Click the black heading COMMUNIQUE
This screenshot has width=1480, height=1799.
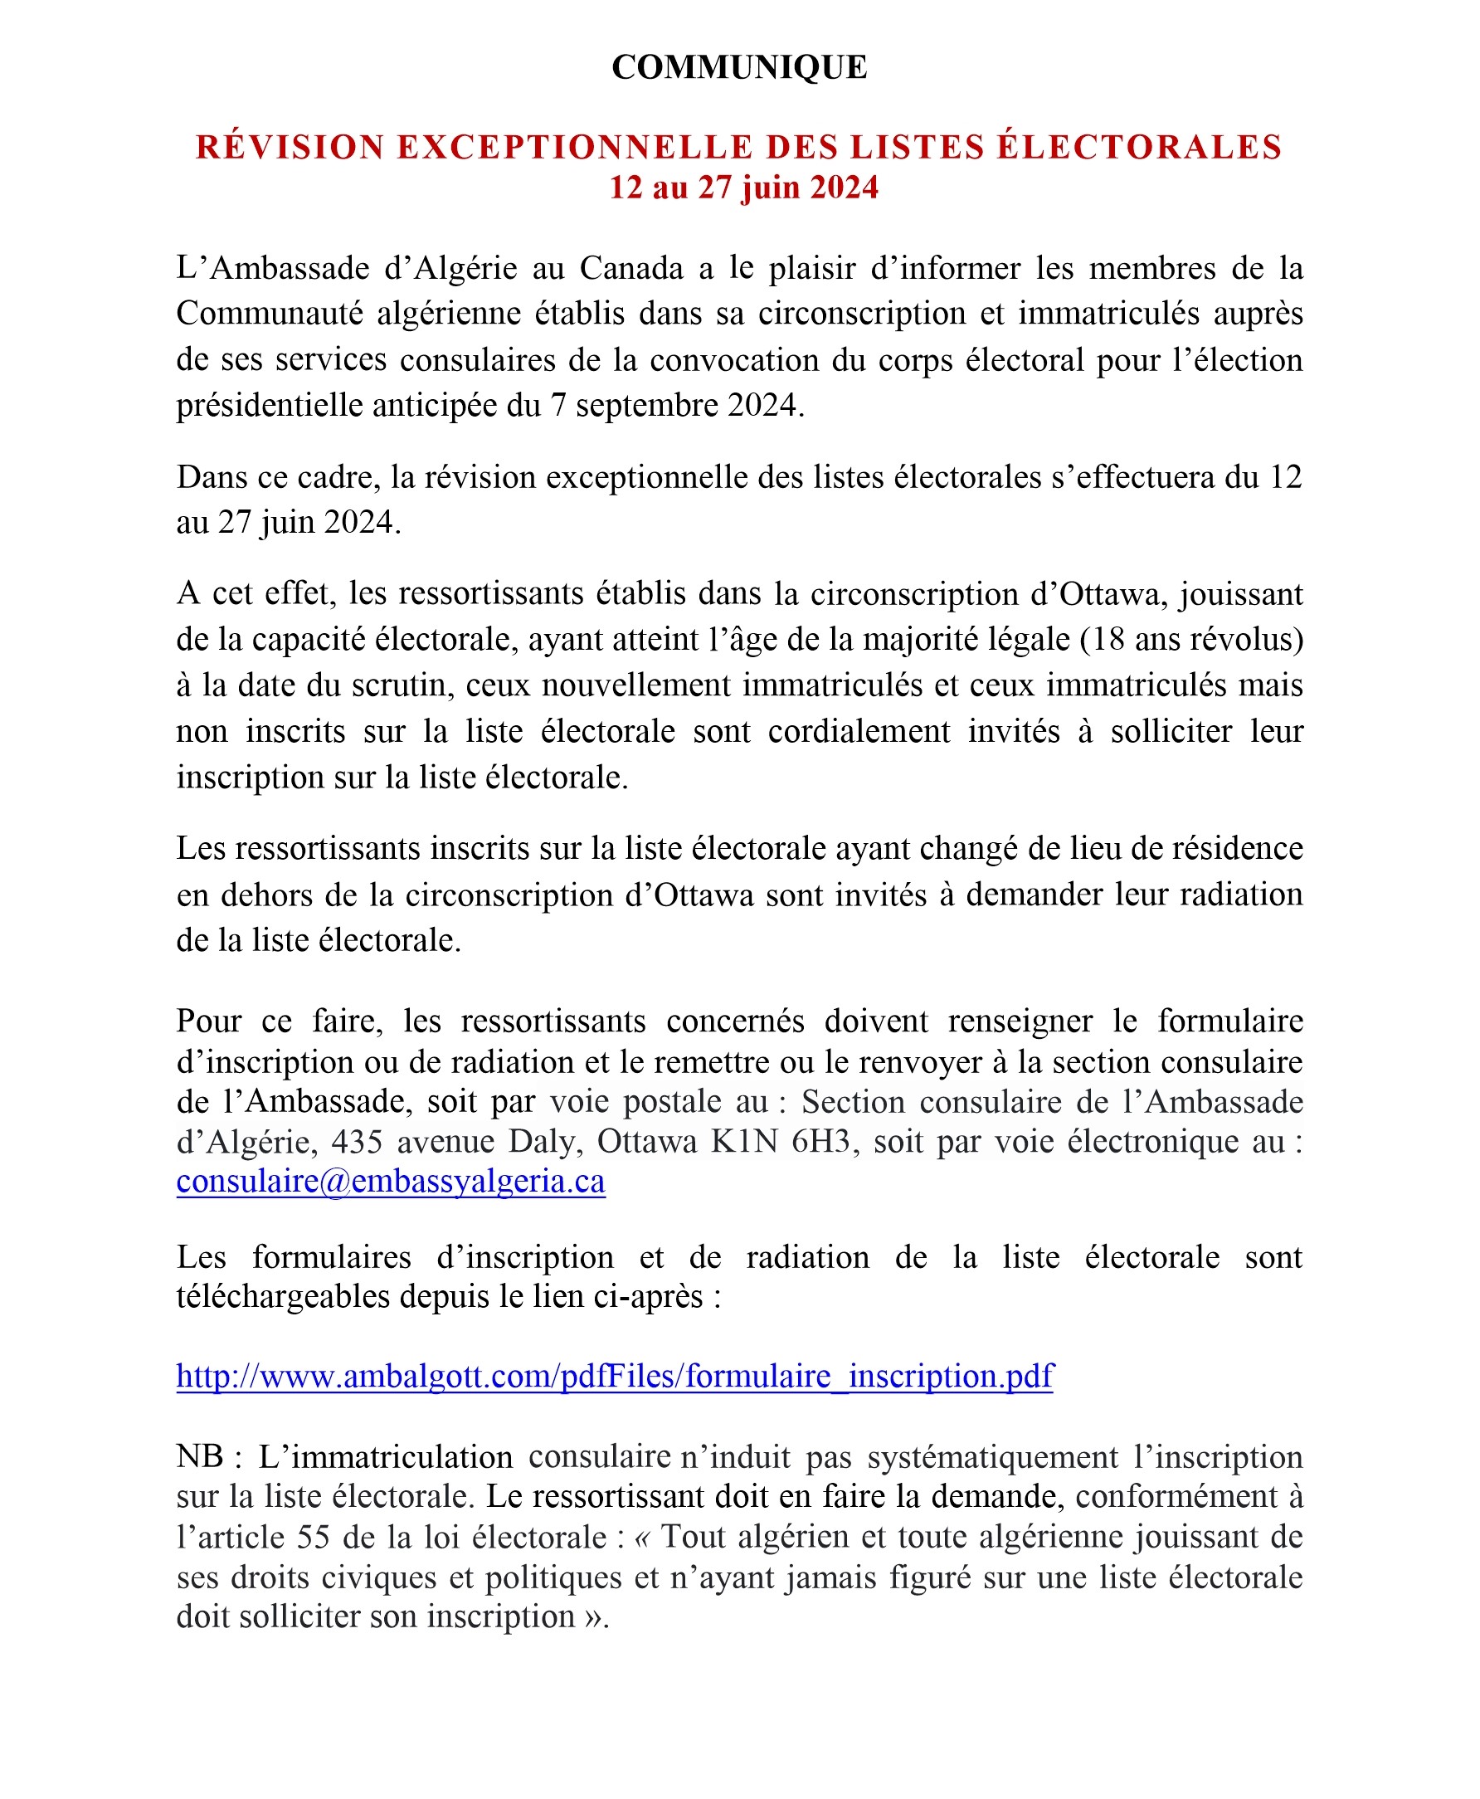[x=739, y=67]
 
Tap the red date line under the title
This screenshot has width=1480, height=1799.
[x=743, y=188]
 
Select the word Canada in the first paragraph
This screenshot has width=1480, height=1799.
[x=631, y=269]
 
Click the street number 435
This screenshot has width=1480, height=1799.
[x=358, y=1142]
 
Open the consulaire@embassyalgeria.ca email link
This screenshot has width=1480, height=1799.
[x=391, y=1182]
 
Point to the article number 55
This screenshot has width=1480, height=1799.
[x=314, y=1537]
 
